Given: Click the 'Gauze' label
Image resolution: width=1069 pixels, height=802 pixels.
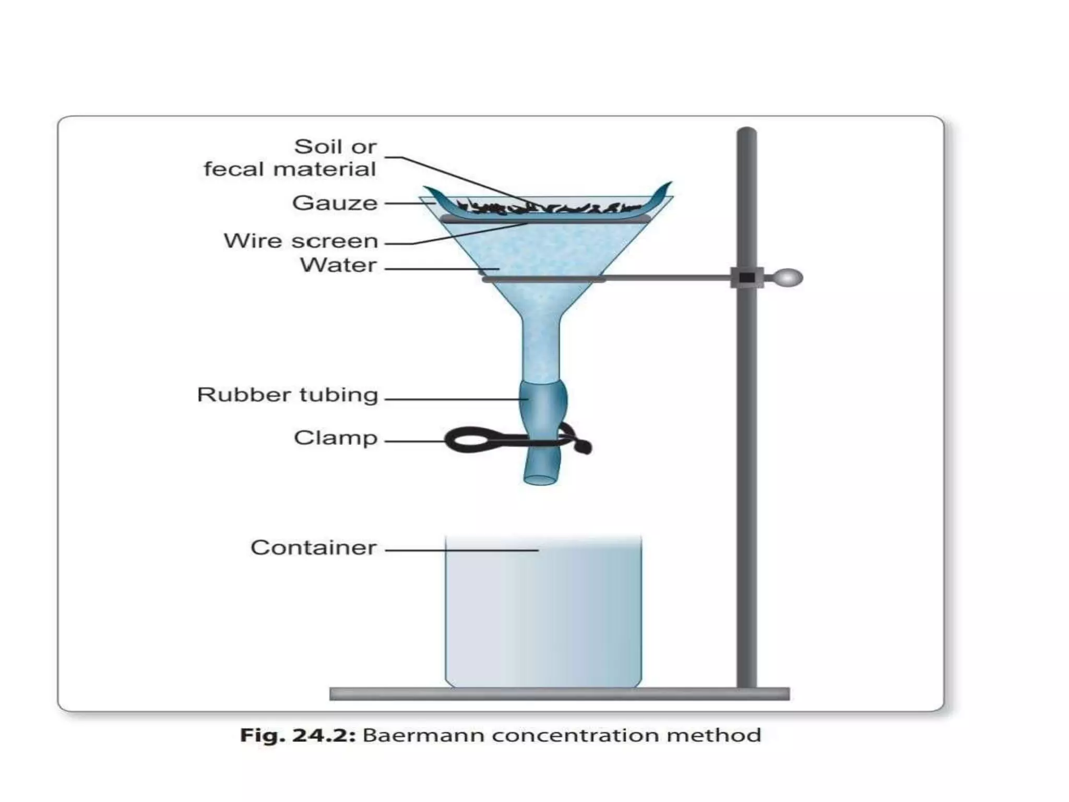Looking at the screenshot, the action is point(335,203).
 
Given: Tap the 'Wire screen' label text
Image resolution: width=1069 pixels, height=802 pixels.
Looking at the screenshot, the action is point(301,241).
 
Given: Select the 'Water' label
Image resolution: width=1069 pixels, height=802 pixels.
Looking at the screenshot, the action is point(338,265).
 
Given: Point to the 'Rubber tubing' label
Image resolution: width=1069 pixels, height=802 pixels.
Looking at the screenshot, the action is point(288,395).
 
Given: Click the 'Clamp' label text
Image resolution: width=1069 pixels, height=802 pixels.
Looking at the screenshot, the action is point(336,438).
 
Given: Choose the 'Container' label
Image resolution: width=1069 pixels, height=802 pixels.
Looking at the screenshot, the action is point(313,548).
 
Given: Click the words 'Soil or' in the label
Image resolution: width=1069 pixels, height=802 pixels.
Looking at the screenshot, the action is point(335,147).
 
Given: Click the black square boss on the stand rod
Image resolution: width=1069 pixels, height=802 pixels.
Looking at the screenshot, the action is point(746,277).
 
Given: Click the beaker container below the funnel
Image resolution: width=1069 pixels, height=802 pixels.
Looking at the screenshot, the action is point(543,616).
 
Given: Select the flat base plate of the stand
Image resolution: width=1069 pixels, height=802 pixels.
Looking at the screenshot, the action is point(559,694).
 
